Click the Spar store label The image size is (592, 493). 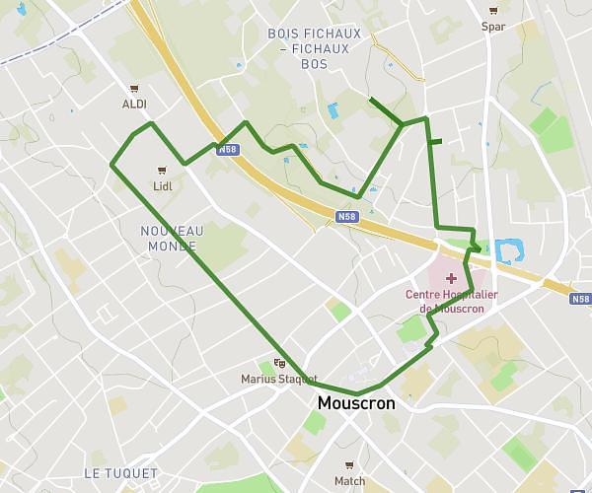coord(493,27)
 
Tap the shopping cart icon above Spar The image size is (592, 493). coord(493,11)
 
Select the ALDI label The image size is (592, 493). coord(134,104)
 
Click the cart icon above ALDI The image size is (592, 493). coord(134,88)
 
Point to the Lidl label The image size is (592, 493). coord(162,185)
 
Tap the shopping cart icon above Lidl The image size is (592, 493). coord(162,170)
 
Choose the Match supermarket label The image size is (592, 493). coord(349,481)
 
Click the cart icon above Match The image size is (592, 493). coord(349,465)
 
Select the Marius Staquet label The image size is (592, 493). coord(279,379)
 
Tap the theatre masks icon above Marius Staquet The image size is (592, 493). coord(279,363)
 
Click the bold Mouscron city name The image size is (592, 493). coord(356,404)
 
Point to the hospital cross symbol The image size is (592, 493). coord(452,279)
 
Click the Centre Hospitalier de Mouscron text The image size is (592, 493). coord(452,301)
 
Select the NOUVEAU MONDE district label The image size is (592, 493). coord(173,238)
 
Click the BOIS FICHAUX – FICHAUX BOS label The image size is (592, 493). coord(315,48)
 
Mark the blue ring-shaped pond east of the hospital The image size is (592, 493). coord(507,251)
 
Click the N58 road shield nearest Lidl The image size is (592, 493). coord(228,150)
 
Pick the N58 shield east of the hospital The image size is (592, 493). coord(580,299)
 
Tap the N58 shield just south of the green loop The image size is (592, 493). coord(345,217)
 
